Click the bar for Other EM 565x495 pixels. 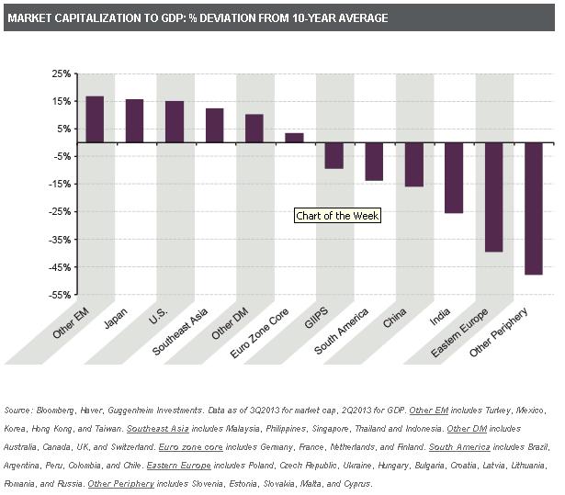pyautogui.click(x=95, y=119)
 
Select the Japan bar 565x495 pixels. pyautogui.click(x=134, y=121)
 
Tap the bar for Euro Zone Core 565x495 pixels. pyautogui.click(x=294, y=138)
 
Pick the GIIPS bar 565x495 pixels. pyautogui.click(x=334, y=155)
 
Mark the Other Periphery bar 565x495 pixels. pyautogui.click(x=534, y=208)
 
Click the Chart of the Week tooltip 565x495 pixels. pyautogui.click(x=337, y=216)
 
